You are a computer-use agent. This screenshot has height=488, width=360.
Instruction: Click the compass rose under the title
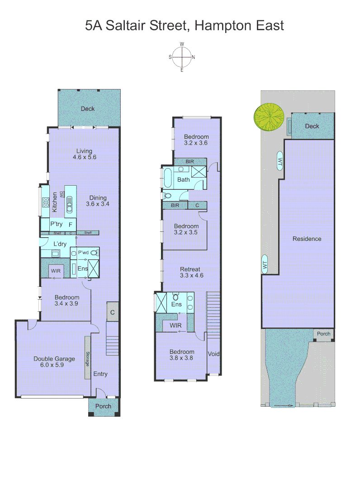tap(182, 57)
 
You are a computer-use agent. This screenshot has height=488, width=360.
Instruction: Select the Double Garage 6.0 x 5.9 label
tap(55, 362)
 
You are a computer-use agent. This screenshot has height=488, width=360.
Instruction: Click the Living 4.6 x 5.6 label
tap(84, 154)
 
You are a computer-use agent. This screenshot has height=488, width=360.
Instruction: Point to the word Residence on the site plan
tap(307, 239)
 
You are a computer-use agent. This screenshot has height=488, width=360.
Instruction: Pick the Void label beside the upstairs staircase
tap(213, 354)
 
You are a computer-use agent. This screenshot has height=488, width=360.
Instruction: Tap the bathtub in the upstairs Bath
tap(167, 179)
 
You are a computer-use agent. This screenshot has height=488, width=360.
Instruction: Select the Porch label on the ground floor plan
tap(103, 406)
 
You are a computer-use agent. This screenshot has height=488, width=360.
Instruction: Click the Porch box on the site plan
tap(323, 334)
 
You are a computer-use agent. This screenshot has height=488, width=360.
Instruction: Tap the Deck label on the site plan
tap(312, 126)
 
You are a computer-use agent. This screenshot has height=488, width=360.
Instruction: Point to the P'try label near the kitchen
tap(57, 224)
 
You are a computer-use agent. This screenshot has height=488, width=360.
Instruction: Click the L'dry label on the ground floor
tap(60, 244)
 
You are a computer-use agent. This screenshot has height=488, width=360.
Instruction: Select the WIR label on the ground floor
tap(56, 271)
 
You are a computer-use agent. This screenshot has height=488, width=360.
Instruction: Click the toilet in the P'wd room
tap(94, 253)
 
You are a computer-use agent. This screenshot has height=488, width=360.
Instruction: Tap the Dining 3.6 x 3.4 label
tap(98, 201)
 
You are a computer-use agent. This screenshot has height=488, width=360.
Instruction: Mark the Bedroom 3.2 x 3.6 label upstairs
tap(196, 140)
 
